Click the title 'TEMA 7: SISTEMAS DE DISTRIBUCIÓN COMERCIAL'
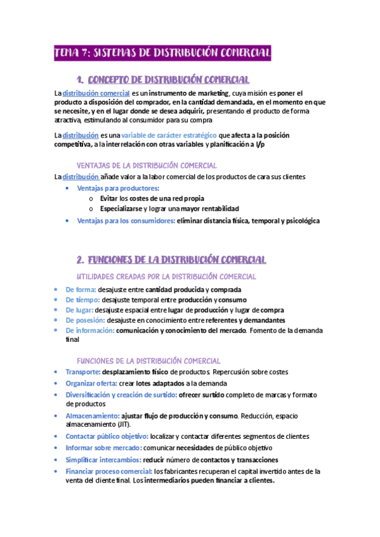pos(162,53)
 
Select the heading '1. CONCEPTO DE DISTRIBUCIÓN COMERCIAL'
pos(162,79)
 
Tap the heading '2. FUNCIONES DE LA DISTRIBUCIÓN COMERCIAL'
pos(171,260)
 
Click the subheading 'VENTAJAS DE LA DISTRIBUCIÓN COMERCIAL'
pos(146,165)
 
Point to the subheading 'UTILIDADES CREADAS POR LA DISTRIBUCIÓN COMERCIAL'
pos(166,277)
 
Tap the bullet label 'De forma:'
pos(81,289)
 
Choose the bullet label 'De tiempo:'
pos(82,300)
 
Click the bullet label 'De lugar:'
pos(79,310)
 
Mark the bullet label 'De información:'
pos(90,331)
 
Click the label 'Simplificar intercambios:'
pos(103,460)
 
